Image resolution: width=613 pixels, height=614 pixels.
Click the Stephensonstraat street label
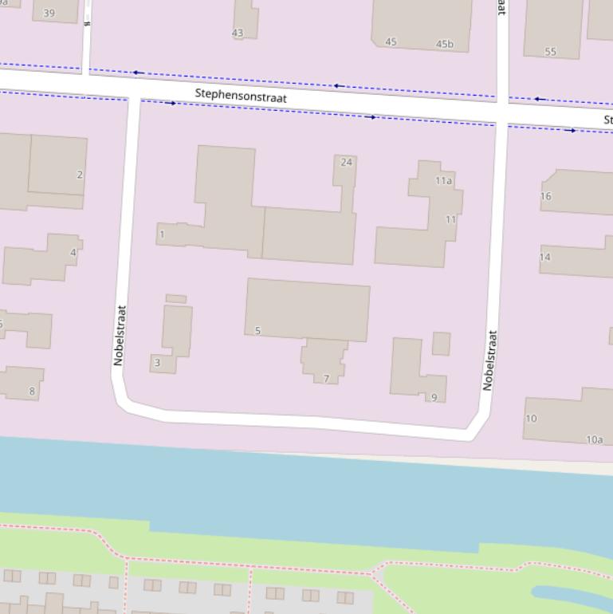pos(241,96)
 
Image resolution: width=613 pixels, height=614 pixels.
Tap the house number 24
pos(346,162)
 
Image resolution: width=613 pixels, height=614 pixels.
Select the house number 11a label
pos(443,181)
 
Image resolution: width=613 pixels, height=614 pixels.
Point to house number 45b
pos(444,45)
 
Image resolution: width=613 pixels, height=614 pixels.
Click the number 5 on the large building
pos(257,330)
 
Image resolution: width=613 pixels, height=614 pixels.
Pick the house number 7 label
pos(326,378)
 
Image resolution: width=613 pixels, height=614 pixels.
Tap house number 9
pos(434,397)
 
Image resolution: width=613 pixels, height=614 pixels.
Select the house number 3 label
pos(157,363)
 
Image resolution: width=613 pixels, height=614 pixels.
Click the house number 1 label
pos(162,234)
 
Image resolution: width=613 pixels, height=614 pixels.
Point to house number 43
pos(237,33)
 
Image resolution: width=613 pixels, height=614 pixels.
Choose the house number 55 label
pos(550,52)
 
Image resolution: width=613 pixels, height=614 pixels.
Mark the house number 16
pos(545,196)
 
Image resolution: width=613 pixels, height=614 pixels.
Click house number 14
pos(545,258)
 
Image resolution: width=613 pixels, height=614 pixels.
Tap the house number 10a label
pos(595,439)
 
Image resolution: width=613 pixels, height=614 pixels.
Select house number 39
pos(49,13)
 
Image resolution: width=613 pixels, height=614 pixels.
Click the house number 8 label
pos(32,391)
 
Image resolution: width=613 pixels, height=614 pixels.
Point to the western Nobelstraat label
pos(119,336)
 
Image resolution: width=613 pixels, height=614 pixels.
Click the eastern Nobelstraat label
pos(489,360)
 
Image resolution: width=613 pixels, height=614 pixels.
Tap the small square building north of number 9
pos(441,344)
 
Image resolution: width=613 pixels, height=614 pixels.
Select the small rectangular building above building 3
pos(176,299)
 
